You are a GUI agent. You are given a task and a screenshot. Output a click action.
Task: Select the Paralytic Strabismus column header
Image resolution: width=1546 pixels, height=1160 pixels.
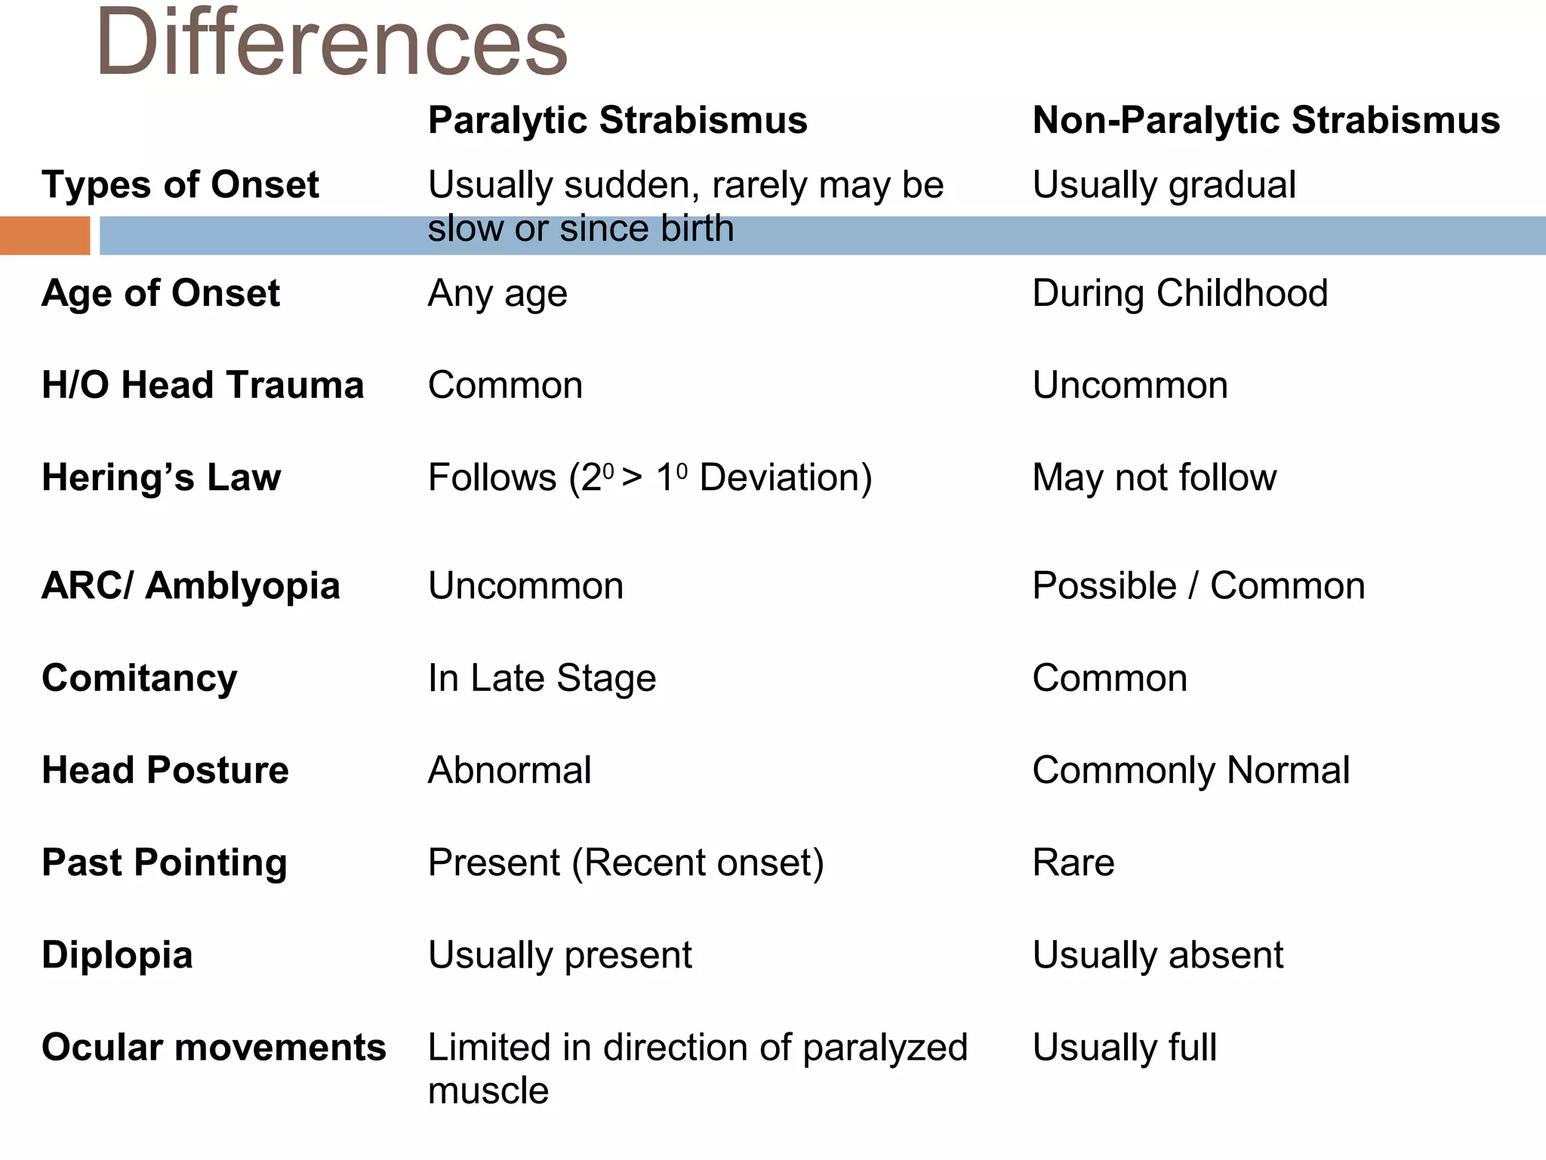[x=617, y=120]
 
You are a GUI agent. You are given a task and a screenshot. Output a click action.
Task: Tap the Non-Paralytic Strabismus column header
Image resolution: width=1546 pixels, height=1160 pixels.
[x=1266, y=120]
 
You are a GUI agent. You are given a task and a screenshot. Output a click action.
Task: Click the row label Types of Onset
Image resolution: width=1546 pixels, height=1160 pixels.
[x=180, y=185]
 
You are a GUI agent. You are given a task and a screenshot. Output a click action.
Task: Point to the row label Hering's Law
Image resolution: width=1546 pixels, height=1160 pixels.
[x=162, y=477]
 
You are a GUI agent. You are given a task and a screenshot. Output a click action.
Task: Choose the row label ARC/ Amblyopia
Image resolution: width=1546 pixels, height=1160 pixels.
[x=191, y=586]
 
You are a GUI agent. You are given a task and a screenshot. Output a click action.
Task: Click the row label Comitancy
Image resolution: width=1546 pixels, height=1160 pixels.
[x=140, y=678]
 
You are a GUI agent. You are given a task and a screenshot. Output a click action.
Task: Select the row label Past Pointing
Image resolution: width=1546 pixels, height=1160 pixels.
[x=165, y=862]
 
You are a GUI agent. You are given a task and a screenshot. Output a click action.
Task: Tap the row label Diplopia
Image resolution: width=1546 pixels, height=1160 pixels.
[x=118, y=955]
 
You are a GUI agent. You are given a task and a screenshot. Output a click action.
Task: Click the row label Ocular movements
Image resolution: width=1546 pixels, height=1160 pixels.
[x=214, y=1047]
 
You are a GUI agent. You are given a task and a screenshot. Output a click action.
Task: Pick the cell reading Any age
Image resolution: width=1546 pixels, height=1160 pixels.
[x=497, y=294]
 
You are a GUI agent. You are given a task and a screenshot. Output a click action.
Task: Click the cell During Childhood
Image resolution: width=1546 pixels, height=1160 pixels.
[x=1180, y=293]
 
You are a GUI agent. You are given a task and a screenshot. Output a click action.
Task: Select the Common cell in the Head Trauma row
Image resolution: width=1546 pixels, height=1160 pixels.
[x=505, y=385]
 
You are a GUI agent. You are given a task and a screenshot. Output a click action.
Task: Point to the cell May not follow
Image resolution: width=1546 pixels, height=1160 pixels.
[x=1154, y=477]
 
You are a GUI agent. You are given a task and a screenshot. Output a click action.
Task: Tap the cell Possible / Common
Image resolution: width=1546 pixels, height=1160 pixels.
[x=1199, y=586]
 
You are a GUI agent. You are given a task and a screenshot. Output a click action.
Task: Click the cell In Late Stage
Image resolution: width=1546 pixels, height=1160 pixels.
[x=542, y=678]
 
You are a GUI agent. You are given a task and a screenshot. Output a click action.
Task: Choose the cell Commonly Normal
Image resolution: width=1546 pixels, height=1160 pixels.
[x=1191, y=770]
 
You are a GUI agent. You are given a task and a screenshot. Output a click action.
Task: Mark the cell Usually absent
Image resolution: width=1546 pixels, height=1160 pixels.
[x=1158, y=955]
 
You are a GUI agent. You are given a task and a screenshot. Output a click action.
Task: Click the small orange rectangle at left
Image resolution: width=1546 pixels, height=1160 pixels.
[x=45, y=236]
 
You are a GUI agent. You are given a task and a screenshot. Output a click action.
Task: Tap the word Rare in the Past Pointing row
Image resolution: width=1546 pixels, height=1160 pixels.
[x=1073, y=862]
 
